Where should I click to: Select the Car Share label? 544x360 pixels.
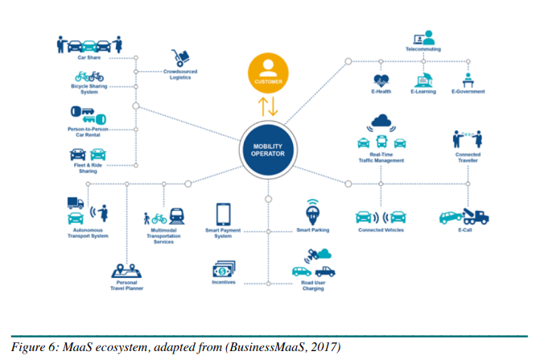click(89, 58)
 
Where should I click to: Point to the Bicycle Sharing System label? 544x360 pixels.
click(89, 89)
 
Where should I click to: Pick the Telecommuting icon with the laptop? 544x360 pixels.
click(422, 38)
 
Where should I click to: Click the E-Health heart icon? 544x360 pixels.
click(381, 80)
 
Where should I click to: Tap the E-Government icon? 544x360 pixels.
click(468, 80)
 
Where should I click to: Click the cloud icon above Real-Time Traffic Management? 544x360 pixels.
click(381, 122)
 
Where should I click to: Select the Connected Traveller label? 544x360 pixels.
click(468, 157)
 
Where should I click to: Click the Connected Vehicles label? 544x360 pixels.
click(381, 230)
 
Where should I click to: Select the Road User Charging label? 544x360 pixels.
click(313, 285)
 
